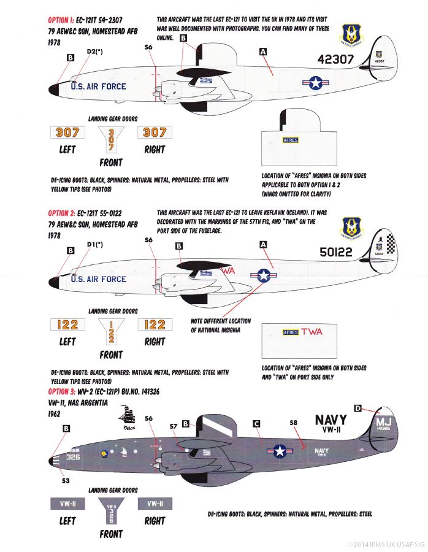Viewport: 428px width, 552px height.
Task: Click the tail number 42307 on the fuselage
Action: point(336,59)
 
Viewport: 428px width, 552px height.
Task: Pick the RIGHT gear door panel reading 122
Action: point(155,324)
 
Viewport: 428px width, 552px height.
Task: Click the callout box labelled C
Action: point(256,423)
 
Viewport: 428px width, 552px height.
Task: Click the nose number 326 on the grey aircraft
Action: point(73,457)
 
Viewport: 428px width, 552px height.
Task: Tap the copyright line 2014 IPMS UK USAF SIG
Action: point(385,544)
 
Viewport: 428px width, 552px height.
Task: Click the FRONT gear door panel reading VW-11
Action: point(110,510)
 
